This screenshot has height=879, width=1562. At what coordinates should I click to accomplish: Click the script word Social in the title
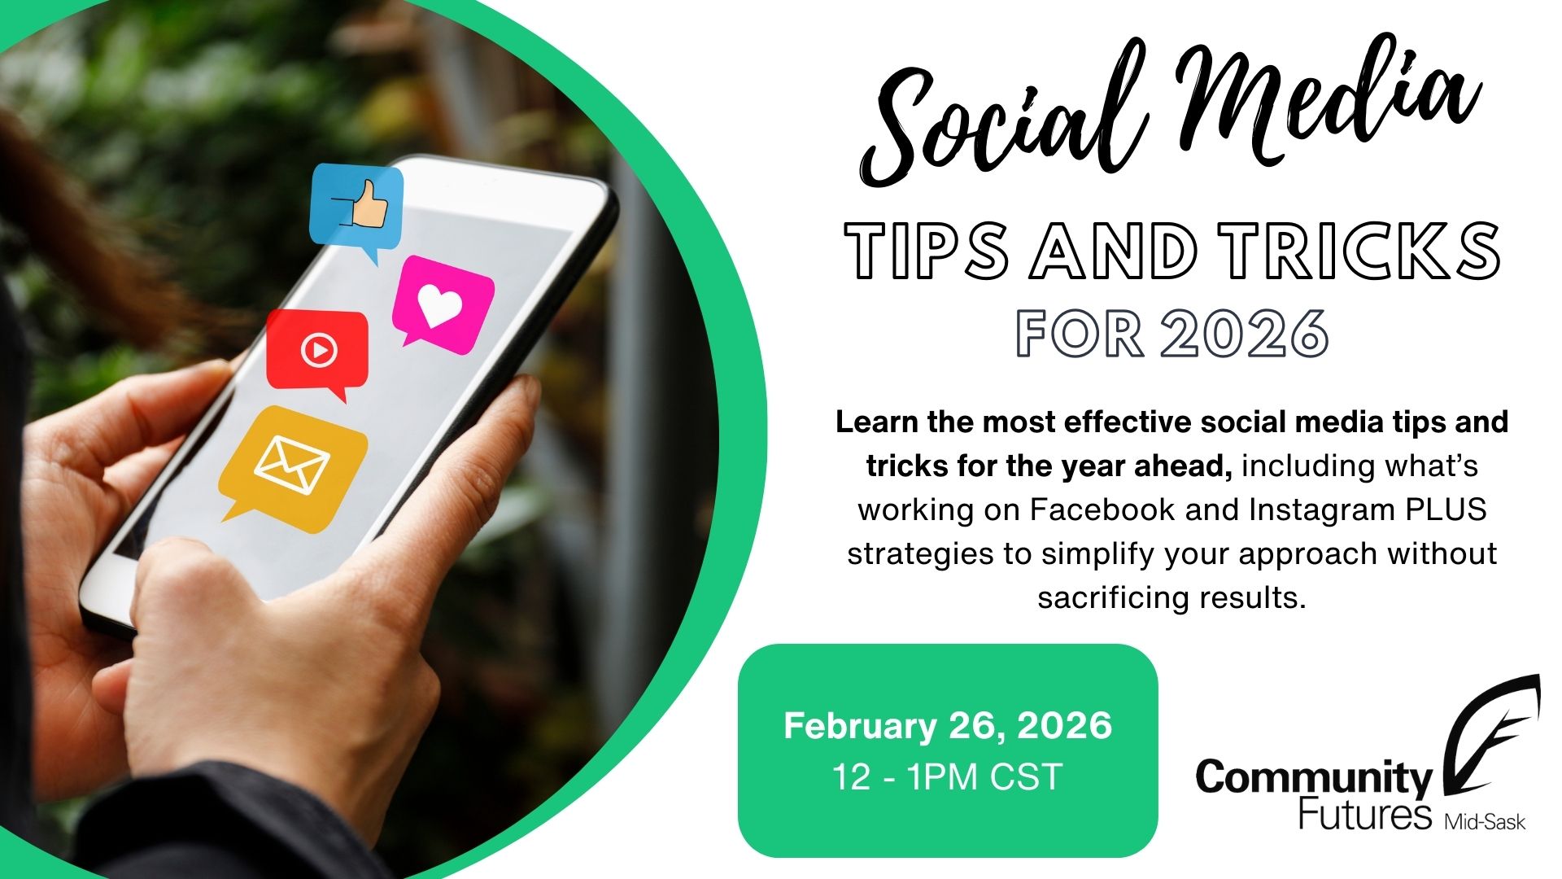tap(1001, 122)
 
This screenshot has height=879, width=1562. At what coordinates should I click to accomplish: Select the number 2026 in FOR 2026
tap(1245, 333)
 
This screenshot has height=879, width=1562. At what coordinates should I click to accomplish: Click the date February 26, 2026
tap(948, 725)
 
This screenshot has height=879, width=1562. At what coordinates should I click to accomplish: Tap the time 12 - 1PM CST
tap(948, 776)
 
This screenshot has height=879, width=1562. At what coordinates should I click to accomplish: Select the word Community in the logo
tap(1313, 778)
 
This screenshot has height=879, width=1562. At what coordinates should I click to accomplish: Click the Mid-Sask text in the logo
tap(1485, 822)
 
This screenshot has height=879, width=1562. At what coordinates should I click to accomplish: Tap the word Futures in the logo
tap(1364, 814)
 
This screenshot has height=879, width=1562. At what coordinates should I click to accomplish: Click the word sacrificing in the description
tap(1102, 597)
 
